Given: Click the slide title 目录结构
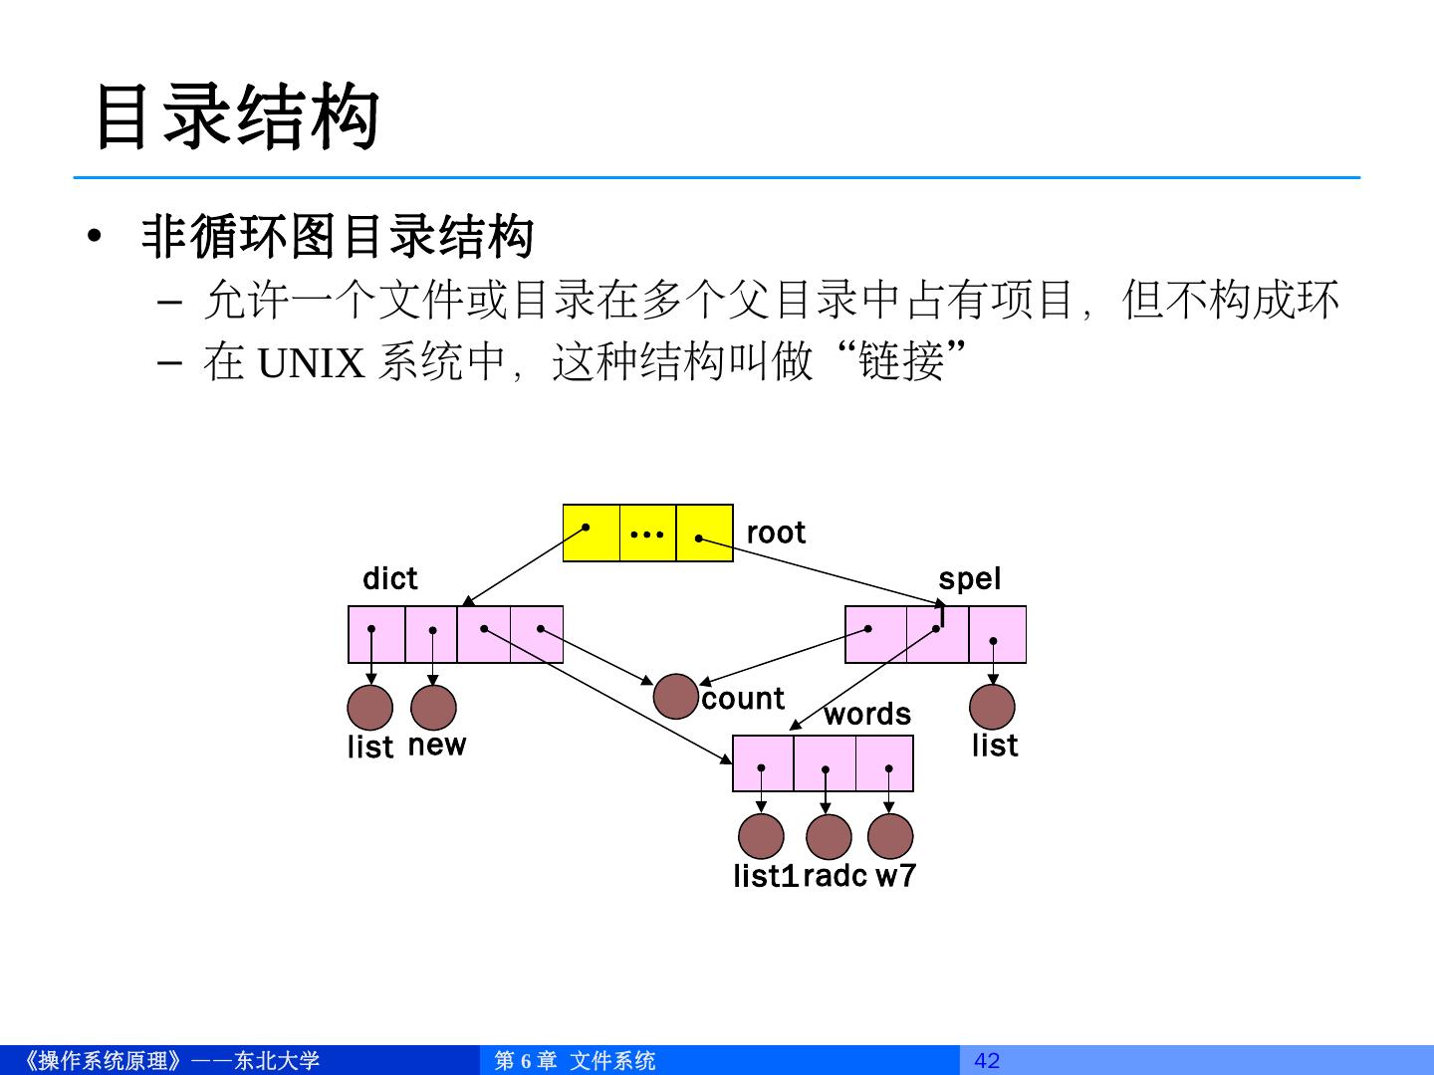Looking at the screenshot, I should [236, 117].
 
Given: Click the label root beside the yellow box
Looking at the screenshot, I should [776, 534].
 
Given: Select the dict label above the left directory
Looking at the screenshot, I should [389, 579].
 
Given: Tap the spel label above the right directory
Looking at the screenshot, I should [969, 579].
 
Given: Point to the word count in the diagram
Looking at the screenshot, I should [743, 699].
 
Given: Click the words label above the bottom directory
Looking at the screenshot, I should [866, 715].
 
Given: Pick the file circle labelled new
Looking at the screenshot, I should [433, 708].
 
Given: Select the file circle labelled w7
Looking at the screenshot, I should [890, 836].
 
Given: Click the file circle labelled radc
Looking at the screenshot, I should [829, 836].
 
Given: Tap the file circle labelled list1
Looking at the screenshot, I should [761, 836].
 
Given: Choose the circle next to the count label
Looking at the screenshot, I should [676, 697].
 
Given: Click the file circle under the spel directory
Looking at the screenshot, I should [992, 708].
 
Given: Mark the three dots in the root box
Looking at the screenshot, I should [647, 535].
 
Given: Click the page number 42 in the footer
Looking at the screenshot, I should [986, 1061].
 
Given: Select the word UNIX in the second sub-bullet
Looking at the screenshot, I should [312, 363].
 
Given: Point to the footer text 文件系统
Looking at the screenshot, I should [612, 1061].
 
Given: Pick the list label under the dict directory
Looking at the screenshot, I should [370, 747].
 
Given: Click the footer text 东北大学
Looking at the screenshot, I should [277, 1061].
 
